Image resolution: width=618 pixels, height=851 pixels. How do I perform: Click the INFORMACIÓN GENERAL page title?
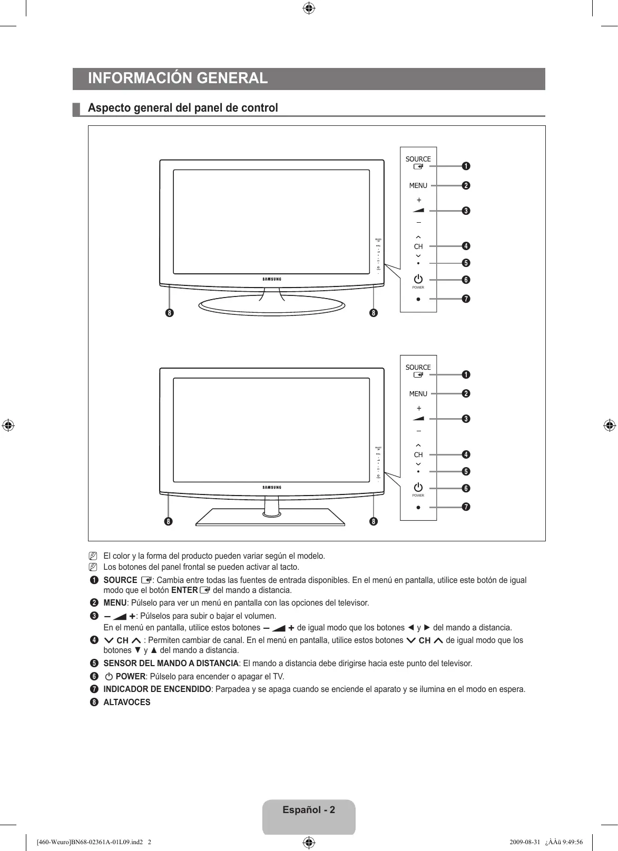coord(178,78)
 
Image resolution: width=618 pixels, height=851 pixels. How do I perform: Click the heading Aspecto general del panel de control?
coord(183,108)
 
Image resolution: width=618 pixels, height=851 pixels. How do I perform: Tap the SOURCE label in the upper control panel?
coord(418,159)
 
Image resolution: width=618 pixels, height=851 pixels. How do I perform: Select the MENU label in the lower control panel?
coord(418,394)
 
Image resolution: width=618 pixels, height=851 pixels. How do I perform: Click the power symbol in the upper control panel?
coord(418,279)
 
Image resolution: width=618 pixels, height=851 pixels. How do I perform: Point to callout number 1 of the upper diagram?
coord(466,166)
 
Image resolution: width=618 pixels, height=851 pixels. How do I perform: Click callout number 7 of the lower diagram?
coord(466,507)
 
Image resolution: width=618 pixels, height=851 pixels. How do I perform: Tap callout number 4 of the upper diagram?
coord(466,246)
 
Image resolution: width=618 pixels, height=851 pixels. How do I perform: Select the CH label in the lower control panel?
coord(418,454)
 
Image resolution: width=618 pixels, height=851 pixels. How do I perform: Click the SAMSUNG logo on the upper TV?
coord(272,279)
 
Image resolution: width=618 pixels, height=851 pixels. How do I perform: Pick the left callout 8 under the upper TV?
coord(169,313)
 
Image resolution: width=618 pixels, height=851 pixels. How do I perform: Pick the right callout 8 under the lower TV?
coord(373,522)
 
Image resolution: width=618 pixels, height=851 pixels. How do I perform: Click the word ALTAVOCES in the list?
coord(127,702)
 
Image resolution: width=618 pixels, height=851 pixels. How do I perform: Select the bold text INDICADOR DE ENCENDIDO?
coord(157,689)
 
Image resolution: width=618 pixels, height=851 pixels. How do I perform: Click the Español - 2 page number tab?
coord(309,810)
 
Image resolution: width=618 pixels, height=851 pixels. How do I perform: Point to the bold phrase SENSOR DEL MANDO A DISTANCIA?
coord(171,664)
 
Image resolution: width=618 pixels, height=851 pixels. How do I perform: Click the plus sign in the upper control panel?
coord(419,200)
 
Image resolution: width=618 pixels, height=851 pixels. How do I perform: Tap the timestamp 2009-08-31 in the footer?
coord(525,842)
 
